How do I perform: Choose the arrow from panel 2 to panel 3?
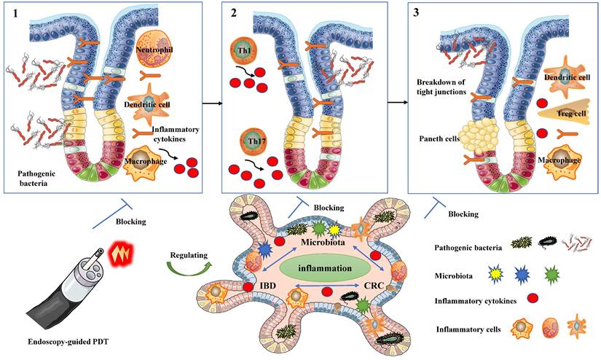[398, 103]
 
